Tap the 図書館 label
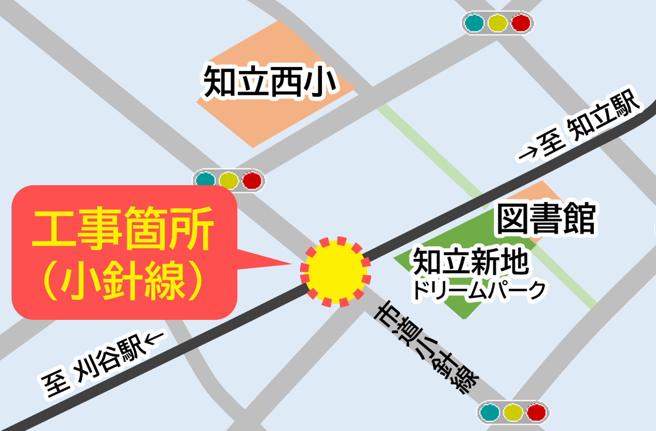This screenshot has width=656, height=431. coord(546,219)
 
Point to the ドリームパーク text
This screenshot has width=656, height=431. coord(479,290)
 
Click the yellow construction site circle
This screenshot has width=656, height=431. coord(335,272)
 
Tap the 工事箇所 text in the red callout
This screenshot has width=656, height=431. coord(123,228)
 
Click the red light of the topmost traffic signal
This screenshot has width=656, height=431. coord(521,23)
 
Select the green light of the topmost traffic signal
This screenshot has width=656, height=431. coord(474,23)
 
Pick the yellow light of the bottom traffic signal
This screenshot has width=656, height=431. coord(513,412)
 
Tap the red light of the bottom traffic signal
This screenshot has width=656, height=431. coord(537,412)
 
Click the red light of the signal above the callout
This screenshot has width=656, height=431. coord(251,180)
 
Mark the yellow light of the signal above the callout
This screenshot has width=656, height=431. coord(228,180)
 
